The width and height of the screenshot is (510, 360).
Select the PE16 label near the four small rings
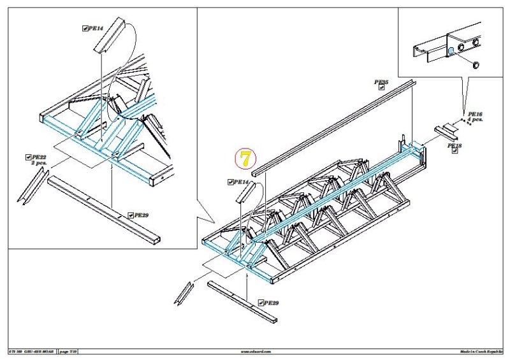click(x=474, y=113)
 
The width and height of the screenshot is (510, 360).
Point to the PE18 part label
click(x=456, y=146)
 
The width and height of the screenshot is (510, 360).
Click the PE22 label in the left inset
click(x=39, y=157)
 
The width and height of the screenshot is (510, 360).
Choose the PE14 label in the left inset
click(x=96, y=28)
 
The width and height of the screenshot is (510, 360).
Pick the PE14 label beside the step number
click(x=241, y=182)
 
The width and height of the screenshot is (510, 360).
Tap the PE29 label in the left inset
click(x=141, y=215)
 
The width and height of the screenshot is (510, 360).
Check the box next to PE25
click(x=381, y=88)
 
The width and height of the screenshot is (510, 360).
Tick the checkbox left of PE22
click(x=28, y=157)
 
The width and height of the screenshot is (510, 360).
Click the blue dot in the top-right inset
click(x=451, y=52)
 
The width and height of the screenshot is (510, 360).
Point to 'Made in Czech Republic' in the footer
click(x=481, y=351)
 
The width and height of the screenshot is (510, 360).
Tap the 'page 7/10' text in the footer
click(x=67, y=351)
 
